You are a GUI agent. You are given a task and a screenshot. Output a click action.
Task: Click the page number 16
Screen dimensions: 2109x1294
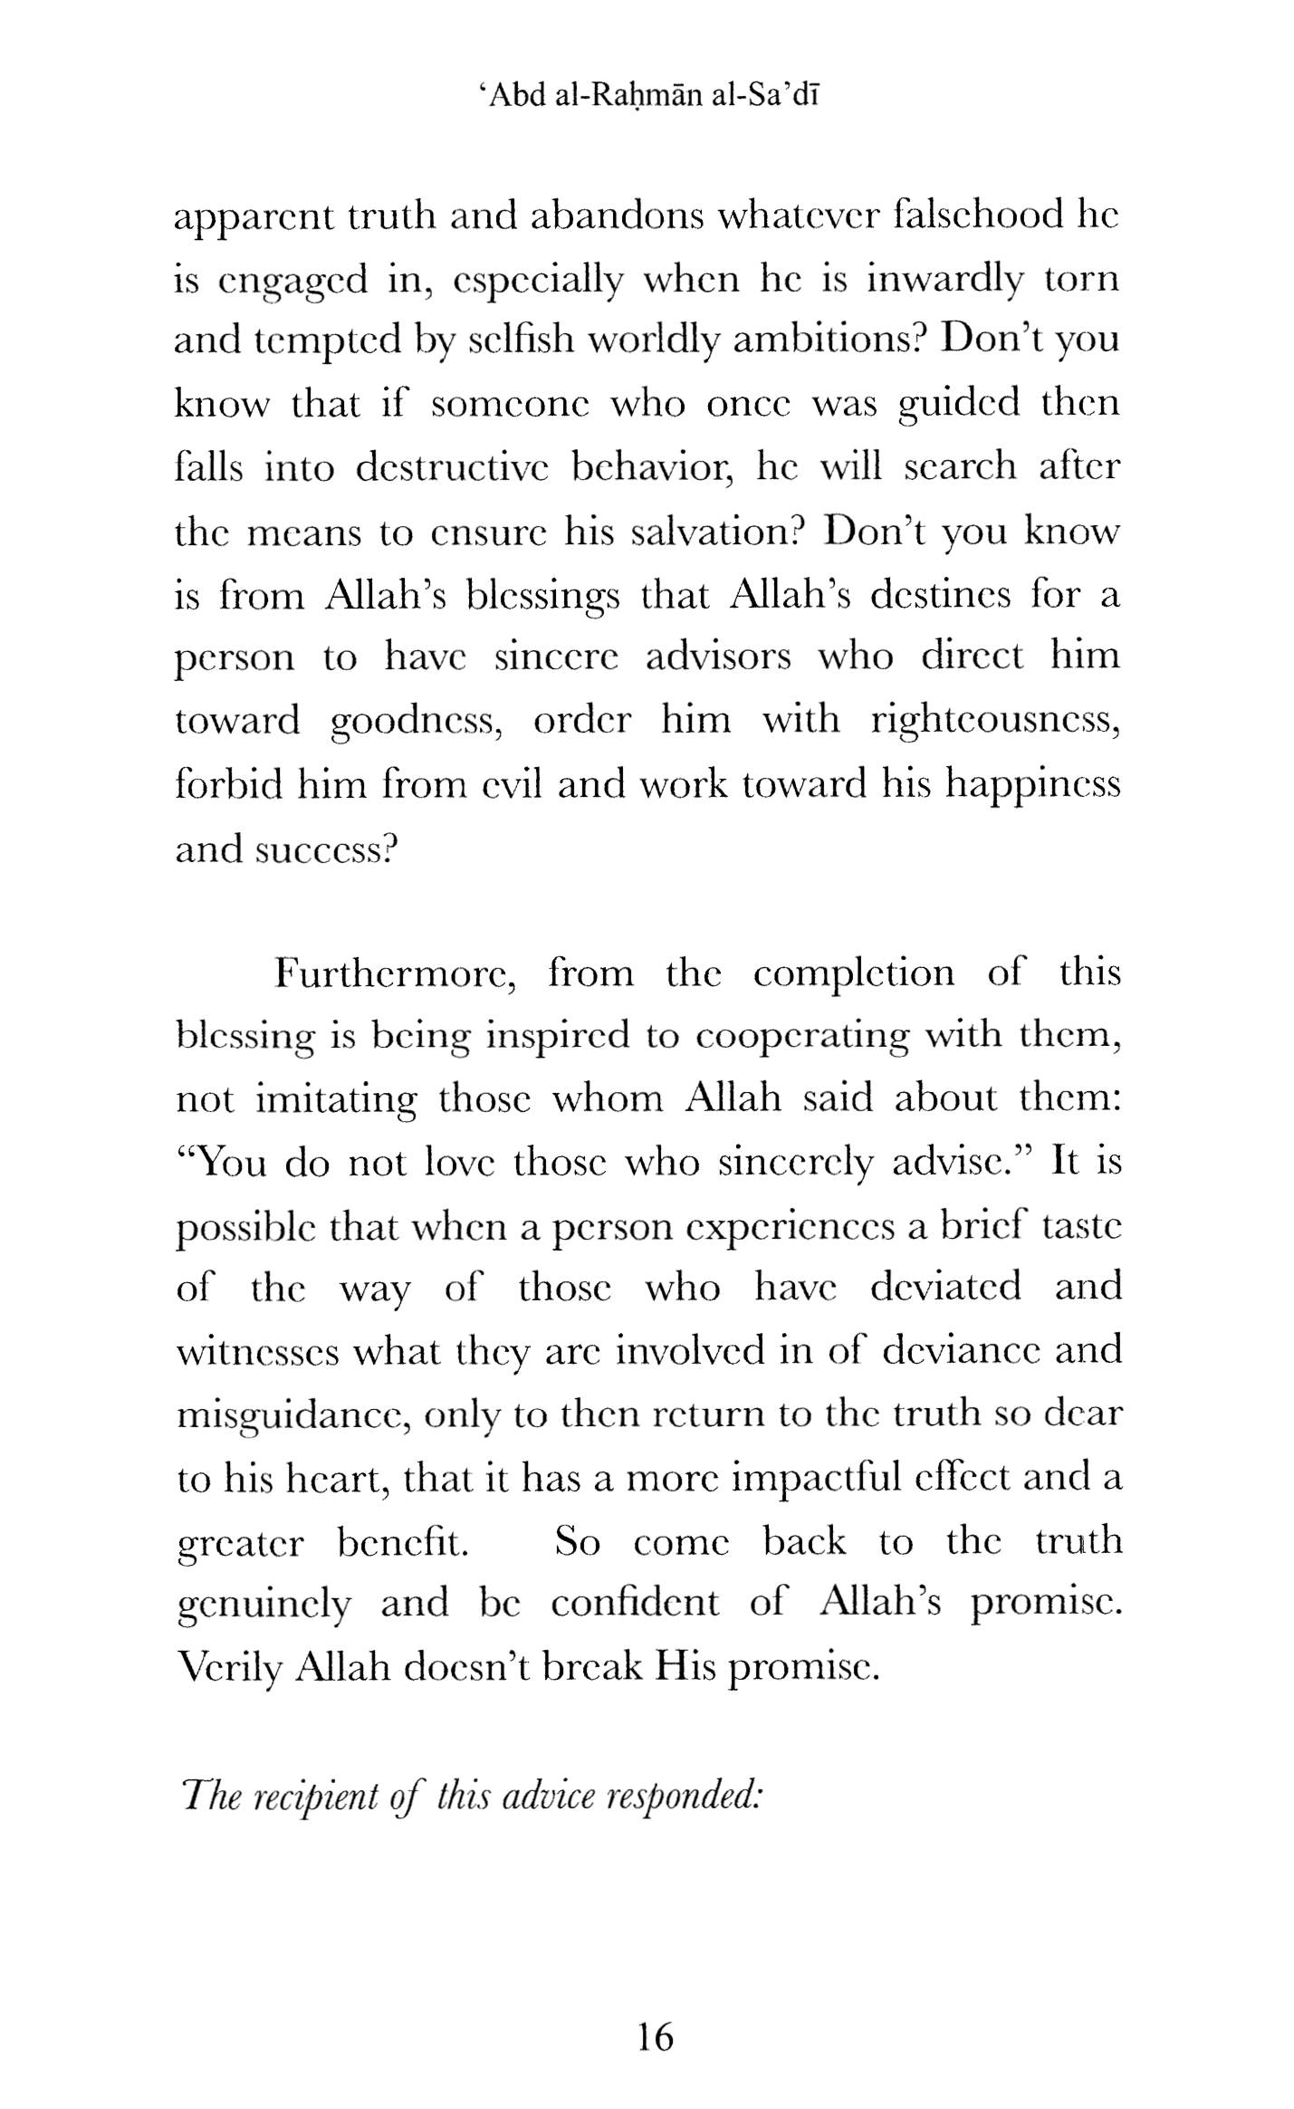pos(656,2037)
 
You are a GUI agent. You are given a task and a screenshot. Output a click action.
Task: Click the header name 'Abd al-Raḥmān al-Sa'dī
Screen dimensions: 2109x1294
pos(648,96)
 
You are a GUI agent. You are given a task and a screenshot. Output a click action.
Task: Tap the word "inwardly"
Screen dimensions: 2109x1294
pos(944,279)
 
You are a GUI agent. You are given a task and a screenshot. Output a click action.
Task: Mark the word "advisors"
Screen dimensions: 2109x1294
pos(718,656)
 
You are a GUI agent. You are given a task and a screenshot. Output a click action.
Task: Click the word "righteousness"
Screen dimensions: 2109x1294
pos(995,721)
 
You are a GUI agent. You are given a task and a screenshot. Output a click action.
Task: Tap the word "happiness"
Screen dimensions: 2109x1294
pos(1032,783)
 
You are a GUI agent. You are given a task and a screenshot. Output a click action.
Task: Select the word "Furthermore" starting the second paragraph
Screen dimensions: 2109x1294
pos(395,973)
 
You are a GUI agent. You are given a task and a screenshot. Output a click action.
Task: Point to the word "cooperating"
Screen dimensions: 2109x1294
pos(801,1036)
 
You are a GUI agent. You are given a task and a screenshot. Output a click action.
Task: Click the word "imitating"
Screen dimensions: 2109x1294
pos(337,1099)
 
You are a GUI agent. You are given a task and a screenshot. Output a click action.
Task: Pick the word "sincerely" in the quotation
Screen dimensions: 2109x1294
pos(794,1163)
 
